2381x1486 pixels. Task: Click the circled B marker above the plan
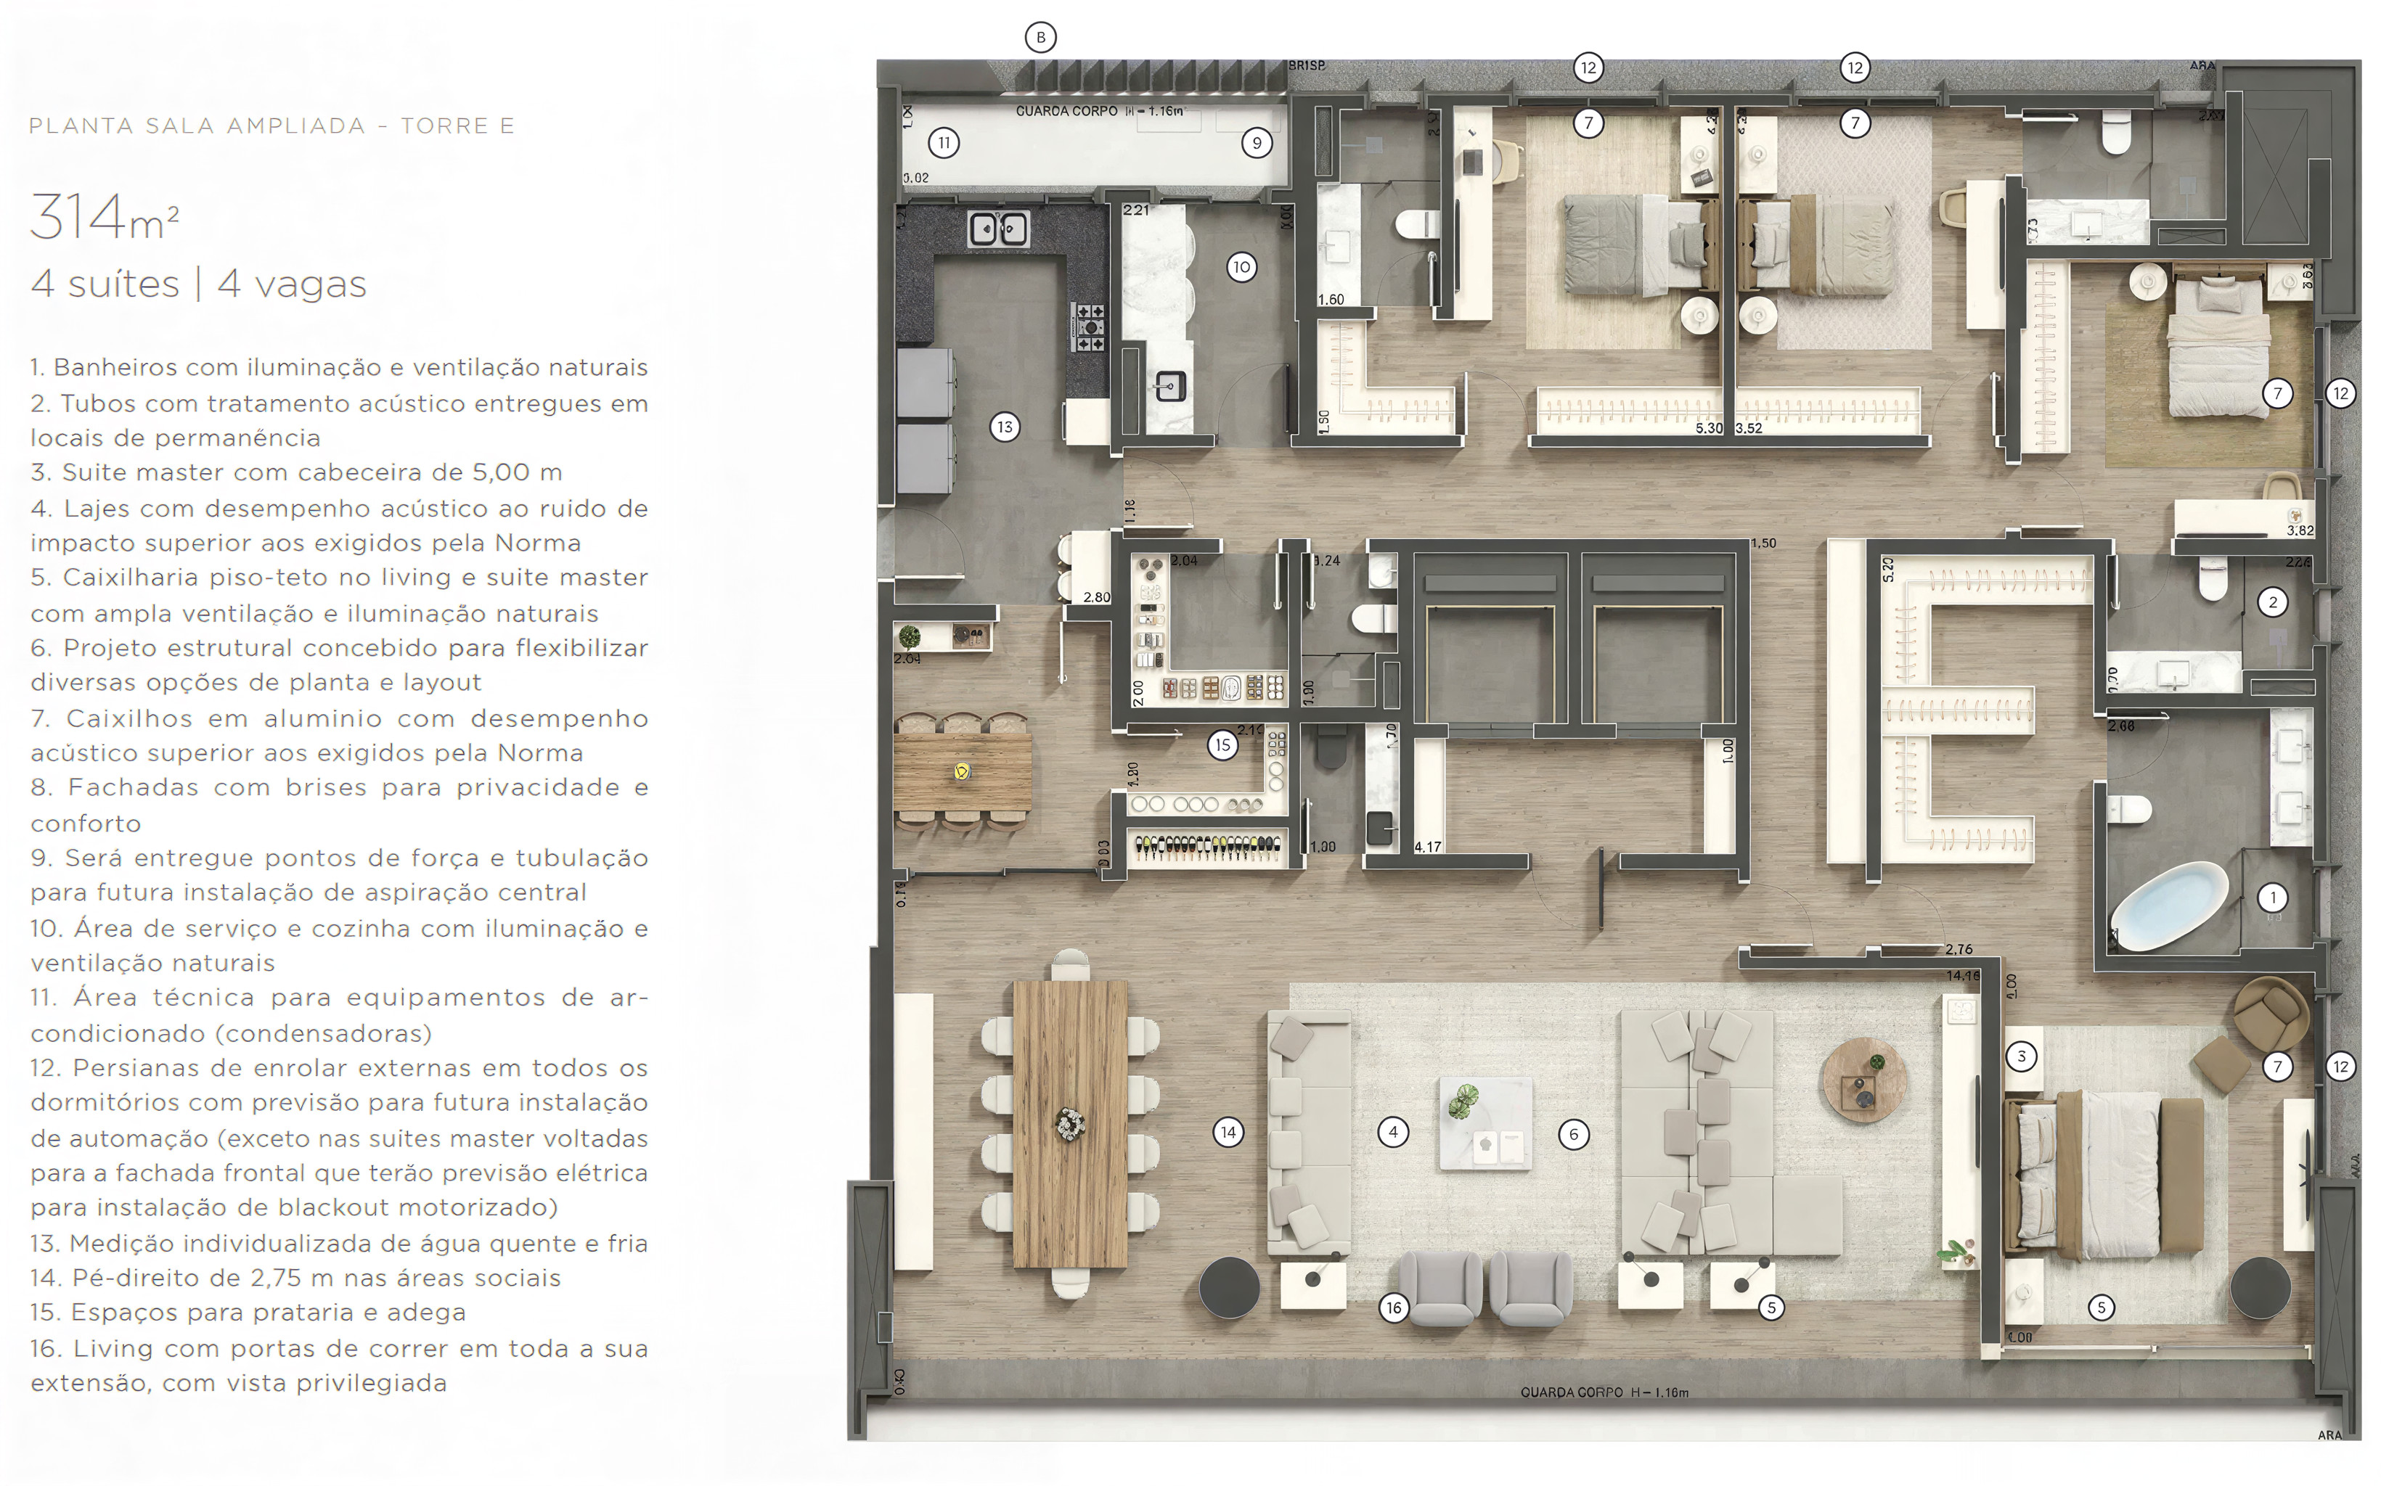tap(1040, 37)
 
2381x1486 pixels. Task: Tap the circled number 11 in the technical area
tap(944, 142)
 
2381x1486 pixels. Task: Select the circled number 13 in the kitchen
tap(1004, 427)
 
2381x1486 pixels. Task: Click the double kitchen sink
tap(998, 229)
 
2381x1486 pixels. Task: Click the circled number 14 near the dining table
tap(1228, 1132)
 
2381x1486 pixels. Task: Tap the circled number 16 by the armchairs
tap(1393, 1307)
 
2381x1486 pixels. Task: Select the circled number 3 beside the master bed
tap(2021, 1056)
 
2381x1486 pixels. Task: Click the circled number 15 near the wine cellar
tap(1222, 745)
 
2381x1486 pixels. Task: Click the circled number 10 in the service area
tap(1241, 266)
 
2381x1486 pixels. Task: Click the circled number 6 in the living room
tap(1573, 1134)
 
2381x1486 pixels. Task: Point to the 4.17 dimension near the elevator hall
tap(1427, 846)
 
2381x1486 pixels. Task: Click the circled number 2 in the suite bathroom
tap(2272, 602)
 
